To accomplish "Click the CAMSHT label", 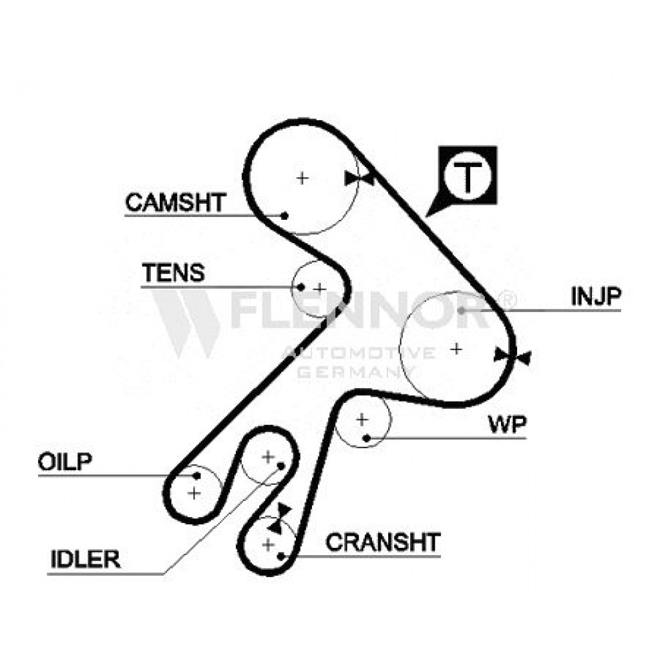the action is pos(176,202).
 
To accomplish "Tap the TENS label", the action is pos(174,273).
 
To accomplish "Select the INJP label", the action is pos(596,296).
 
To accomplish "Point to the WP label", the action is pos(507,424).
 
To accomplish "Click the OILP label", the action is pos(65,462).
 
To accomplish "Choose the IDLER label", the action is pos(86,559).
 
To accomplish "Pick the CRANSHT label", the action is pos(383,542).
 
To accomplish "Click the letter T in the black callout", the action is pos(468,177).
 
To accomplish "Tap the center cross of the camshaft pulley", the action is pos(303,178).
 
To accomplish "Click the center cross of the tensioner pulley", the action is pos(319,289).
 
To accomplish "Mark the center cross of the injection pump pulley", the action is pos(456,349).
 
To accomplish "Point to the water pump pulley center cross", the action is pos(361,420).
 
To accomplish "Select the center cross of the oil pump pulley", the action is pos(194,494).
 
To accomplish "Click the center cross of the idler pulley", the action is pos(268,457).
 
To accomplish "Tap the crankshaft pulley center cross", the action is pos(268,544).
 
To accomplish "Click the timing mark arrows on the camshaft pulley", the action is pos(359,179).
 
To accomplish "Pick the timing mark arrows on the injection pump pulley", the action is pos(512,356).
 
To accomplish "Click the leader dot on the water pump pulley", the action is pos(366,438).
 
